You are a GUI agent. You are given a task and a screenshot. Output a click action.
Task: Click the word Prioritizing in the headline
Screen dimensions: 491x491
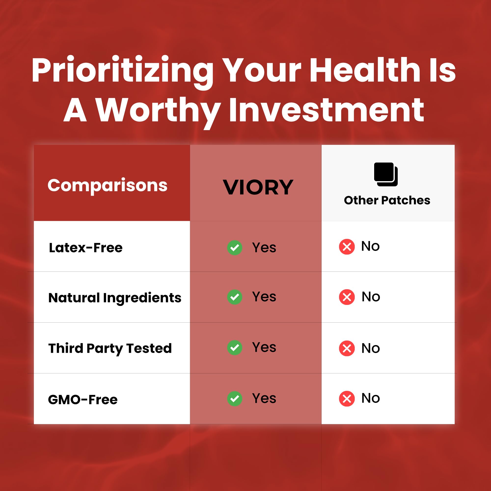point(123,72)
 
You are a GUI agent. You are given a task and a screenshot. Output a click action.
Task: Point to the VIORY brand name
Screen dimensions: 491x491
point(258,187)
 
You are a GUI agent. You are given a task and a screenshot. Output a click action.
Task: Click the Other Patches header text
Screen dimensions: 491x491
point(387,200)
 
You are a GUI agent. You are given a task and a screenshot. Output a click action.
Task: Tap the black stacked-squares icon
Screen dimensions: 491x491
point(386,174)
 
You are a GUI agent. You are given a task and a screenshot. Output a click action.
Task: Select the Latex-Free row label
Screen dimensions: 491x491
point(86,248)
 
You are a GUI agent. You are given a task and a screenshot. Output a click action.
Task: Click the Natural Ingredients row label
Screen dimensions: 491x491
point(115,298)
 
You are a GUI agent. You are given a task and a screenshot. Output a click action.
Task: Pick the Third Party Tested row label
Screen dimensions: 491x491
point(110,348)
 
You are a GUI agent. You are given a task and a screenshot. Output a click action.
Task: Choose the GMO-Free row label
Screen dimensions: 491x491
point(83,399)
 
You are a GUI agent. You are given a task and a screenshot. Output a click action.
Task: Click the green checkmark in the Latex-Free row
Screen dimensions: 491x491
point(234,247)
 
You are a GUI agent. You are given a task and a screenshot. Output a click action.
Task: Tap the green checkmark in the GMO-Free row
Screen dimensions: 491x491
point(234,398)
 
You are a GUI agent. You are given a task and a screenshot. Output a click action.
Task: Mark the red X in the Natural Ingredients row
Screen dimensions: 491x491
point(347,297)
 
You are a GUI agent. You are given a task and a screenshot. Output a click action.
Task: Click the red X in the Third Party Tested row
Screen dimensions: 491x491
point(347,348)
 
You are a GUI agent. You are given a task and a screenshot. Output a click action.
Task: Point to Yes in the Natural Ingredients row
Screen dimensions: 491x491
point(264,297)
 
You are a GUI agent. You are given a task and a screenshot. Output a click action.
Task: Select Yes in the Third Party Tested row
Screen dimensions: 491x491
point(264,347)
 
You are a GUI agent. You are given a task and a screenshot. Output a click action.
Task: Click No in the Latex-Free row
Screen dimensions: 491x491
point(370,246)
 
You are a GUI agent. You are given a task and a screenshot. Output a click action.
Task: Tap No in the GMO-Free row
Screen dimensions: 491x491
point(371,398)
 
